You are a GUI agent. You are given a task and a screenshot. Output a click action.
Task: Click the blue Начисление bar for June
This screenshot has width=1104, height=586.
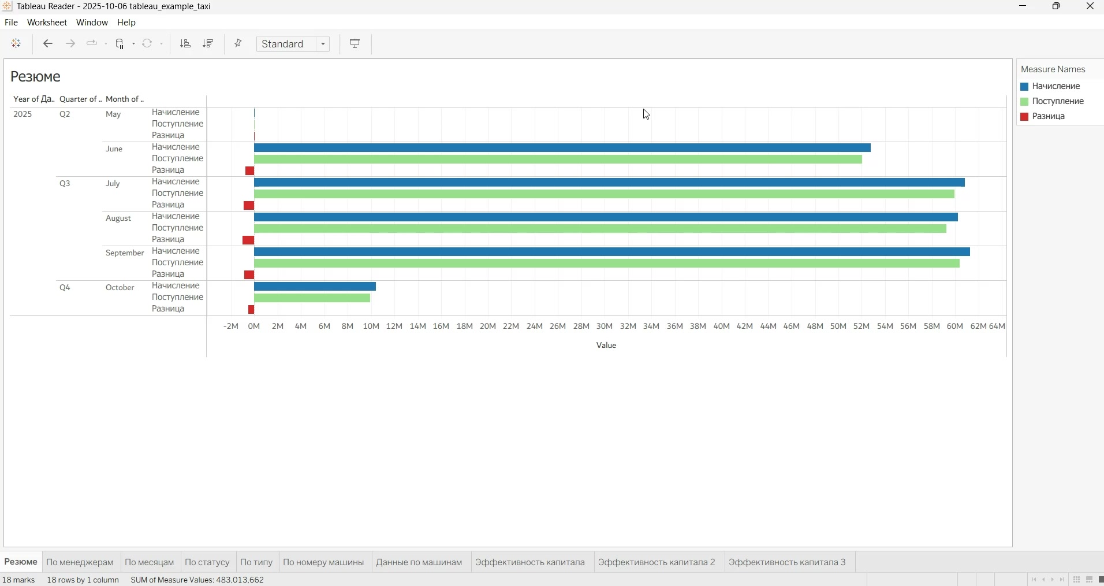point(562,148)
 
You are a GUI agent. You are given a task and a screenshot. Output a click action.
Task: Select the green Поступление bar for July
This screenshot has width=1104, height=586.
point(605,194)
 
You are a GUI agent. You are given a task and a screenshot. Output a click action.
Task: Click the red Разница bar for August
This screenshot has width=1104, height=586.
point(249,240)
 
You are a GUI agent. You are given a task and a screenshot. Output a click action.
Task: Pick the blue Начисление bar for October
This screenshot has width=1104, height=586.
point(315,287)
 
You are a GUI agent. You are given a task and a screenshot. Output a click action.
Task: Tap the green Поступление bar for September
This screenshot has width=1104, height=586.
point(607,264)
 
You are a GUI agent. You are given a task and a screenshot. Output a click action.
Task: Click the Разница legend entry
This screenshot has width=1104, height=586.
point(1049,117)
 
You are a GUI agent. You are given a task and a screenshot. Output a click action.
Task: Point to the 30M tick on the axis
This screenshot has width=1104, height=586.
point(605,327)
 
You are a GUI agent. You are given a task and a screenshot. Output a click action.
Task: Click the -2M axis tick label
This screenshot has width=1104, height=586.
point(231,327)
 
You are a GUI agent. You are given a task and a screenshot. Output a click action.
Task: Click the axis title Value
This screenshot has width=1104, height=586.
point(607,346)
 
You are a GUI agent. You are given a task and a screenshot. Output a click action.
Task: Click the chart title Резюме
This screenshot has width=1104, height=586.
point(36,77)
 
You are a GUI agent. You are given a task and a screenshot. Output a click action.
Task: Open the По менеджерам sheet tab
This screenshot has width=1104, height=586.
point(80,562)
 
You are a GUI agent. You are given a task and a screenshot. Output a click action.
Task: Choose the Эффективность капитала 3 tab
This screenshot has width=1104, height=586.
point(788,562)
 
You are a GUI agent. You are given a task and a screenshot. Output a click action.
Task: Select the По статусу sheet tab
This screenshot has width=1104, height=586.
point(207,562)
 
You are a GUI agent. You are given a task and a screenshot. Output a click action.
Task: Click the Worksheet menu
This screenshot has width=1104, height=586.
point(47,23)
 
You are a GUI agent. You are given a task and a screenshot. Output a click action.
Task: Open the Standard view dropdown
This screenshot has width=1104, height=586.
point(293,44)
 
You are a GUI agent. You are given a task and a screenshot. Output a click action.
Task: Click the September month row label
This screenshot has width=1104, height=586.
point(125,253)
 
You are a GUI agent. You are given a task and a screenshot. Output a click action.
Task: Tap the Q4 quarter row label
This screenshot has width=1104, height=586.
point(65,288)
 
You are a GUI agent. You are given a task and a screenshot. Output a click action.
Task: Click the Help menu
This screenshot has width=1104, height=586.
point(126,23)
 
